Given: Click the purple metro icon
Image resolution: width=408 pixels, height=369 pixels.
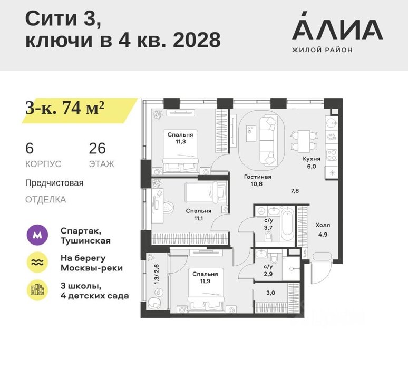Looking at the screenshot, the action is click(37, 235).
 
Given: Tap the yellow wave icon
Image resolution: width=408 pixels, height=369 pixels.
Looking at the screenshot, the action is click(37, 263).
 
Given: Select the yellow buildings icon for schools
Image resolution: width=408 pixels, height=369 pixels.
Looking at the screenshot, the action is click(37, 290).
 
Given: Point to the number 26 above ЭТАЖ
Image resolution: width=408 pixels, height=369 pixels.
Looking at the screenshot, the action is click(98, 148).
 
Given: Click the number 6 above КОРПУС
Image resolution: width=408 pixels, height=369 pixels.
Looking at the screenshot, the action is click(30, 148).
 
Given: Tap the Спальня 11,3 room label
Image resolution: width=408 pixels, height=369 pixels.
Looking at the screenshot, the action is click(180, 138).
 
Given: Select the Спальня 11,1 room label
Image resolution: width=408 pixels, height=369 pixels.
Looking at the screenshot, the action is click(199, 215).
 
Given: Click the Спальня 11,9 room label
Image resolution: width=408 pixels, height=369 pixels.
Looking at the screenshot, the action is click(205, 277).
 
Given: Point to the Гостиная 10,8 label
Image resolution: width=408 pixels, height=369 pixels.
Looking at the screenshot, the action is click(257, 180).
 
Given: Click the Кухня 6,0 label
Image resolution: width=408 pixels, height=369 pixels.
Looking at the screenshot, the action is click(312, 162).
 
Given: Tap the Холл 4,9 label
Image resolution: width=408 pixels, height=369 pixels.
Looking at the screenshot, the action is click(323, 229).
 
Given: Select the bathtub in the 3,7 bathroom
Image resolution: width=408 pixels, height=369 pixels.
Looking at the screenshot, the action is click(287, 225).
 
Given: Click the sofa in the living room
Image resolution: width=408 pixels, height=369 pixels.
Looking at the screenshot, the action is click(268, 141).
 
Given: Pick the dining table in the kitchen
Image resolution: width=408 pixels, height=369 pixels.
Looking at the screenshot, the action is click(304, 141).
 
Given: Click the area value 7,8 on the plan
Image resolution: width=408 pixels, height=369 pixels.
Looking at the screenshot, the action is click(295, 191).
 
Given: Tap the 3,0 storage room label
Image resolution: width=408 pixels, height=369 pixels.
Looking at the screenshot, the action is click(270, 293).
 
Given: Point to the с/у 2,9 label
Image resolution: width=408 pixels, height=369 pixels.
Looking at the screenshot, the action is click(268, 270).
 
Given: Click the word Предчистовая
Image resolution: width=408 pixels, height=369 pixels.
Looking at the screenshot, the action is click(54, 183).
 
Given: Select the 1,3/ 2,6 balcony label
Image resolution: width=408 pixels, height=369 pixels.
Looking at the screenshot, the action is click(157, 274).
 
